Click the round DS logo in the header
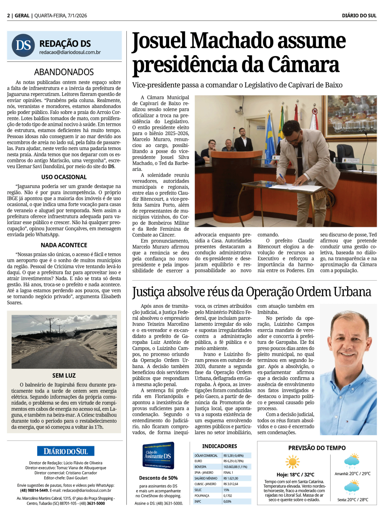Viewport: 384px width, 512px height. (23, 45)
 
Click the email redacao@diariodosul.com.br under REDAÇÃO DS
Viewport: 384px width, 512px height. (70, 52)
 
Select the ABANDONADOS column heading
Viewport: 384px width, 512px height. (64, 72)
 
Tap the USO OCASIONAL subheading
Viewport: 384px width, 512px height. (64, 177)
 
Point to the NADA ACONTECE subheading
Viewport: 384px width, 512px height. (64, 245)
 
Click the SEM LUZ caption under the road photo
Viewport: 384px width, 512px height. (64, 375)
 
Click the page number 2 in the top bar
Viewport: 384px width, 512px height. (8, 16)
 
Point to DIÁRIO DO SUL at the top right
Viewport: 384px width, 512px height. (359, 16)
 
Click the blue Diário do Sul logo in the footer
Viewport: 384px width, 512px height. (66, 451)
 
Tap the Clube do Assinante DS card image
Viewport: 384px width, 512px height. (158, 456)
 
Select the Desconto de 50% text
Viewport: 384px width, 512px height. (158, 478)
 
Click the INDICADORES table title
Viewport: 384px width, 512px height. (220, 446)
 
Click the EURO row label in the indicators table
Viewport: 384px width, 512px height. (199, 461)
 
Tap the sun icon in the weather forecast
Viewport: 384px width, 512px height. (293, 462)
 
